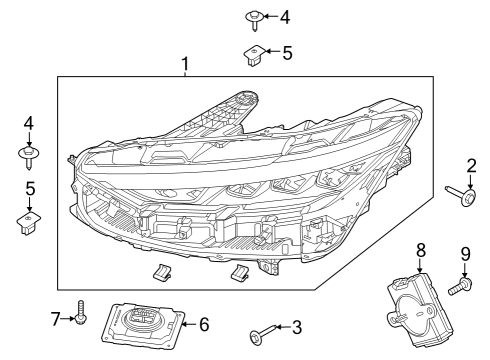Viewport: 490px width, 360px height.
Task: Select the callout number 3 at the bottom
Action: (x=296, y=327)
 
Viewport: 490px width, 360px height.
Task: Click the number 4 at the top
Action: (x=285, y=17)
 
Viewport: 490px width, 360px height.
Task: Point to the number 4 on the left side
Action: (x=28, y=123)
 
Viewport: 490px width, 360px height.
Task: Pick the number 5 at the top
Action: (x=286, y=52)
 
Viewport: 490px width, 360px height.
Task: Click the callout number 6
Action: (x=205, y=324)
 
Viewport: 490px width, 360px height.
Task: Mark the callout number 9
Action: (x=465, y=254)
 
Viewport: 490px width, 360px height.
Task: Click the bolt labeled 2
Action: (x=461, y=196)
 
